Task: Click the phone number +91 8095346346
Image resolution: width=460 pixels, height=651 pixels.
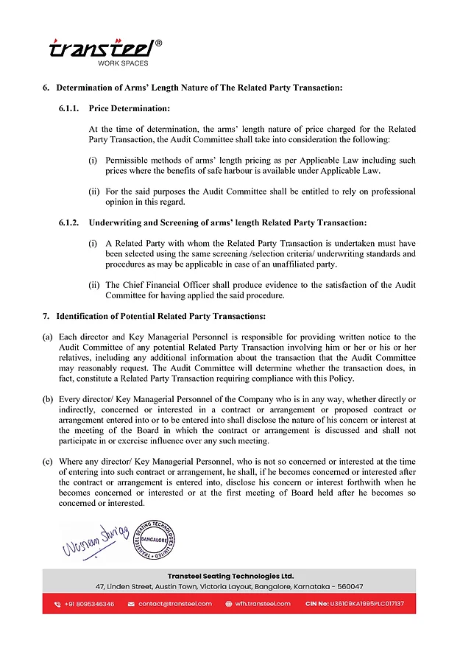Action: tap(88, 604)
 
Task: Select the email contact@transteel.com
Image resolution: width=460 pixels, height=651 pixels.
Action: tap(174, 604)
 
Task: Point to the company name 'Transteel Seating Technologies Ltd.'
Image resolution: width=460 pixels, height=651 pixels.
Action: tap(230, 576)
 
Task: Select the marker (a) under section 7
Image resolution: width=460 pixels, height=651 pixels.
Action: tap(47, 337)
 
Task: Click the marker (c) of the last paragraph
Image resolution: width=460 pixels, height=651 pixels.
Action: tap(47, 460)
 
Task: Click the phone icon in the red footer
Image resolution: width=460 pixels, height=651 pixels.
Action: tap(57, 604)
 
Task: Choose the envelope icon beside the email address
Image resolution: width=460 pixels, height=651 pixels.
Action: tap(131, 604)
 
